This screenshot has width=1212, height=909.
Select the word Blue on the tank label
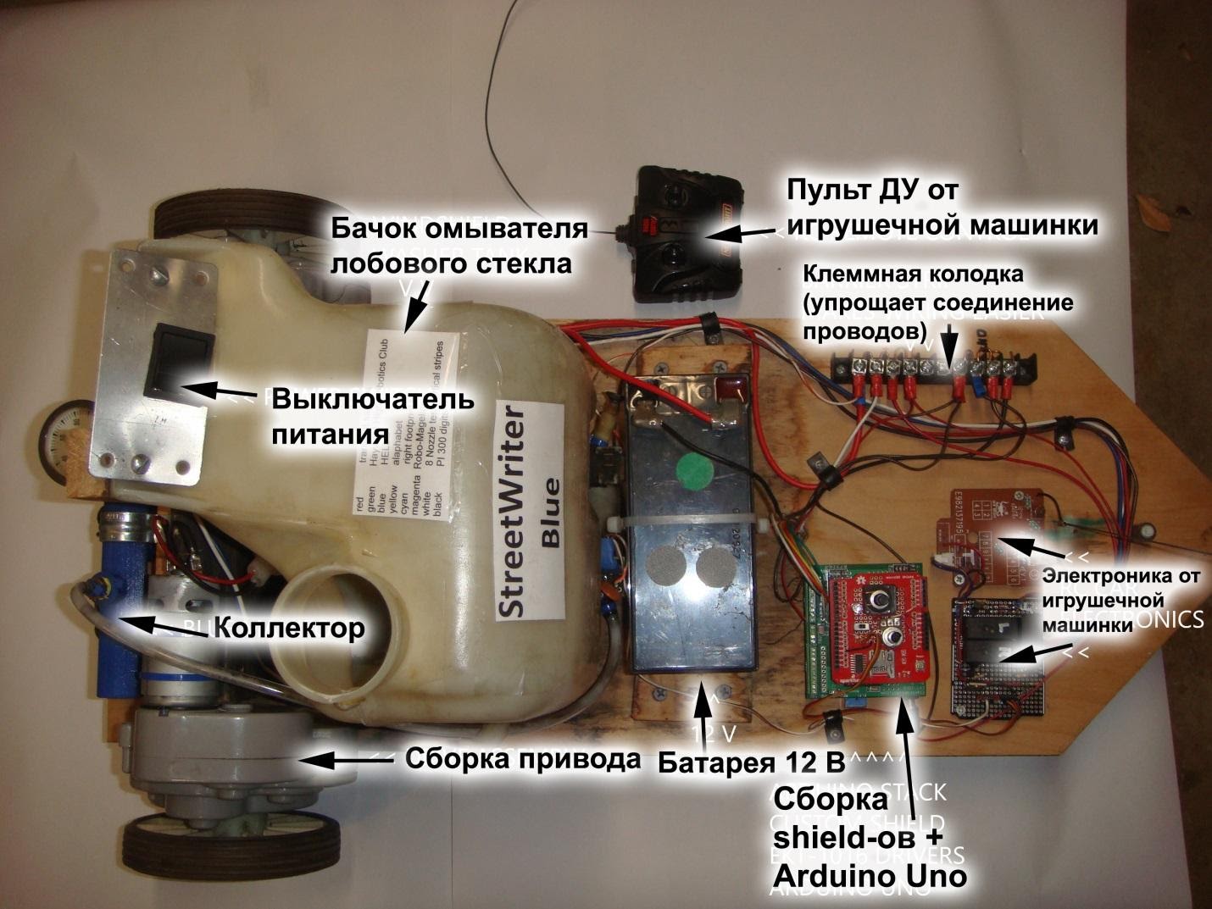pyautogui.click(x=550, y=513)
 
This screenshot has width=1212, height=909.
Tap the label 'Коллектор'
pyautogui.click(x=289, y=628)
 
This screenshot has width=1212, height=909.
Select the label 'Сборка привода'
pyautogui.click(x=522, y=758)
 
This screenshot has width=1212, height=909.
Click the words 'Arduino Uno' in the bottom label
pyautogui.click(x=870, y=876)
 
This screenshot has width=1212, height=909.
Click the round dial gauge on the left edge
pyautogui.click(x=64, y=432)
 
